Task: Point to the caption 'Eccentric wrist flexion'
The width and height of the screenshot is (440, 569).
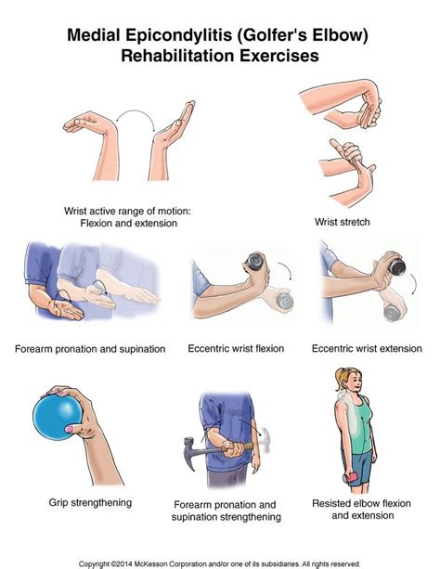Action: [x=236, y=349]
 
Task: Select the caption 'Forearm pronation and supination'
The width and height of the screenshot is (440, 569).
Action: [x=90, y=349]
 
